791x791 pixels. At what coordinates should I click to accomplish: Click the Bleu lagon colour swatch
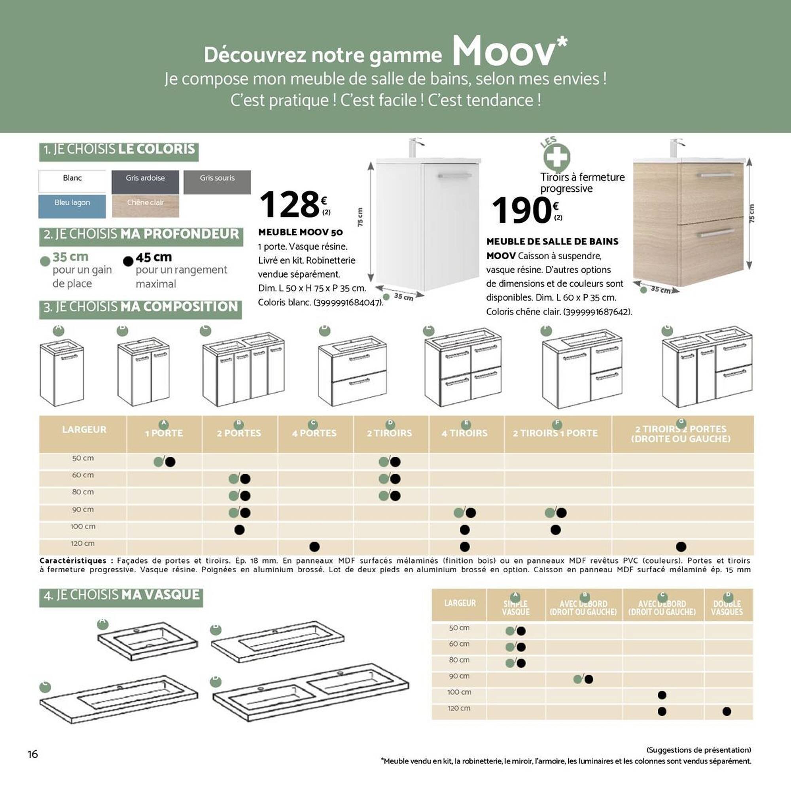coord(72,206)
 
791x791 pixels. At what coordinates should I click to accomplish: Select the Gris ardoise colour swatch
coord(145,182)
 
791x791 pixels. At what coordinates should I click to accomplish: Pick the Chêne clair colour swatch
coord(145,206)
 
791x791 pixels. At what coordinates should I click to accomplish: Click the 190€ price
coord(524,210)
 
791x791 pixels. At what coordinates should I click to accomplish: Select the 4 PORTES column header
coord(314,433)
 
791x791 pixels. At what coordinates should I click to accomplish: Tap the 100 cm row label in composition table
coord(83,526)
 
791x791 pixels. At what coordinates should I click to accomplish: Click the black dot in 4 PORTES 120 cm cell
coord(314,547)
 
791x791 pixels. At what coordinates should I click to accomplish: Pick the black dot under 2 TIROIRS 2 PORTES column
coord(681,547)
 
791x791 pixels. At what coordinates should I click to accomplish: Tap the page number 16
coord(33,755)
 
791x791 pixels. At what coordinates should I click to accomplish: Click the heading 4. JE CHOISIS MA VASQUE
coord(121,595)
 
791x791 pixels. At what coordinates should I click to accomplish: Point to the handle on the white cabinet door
coord(454,176)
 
